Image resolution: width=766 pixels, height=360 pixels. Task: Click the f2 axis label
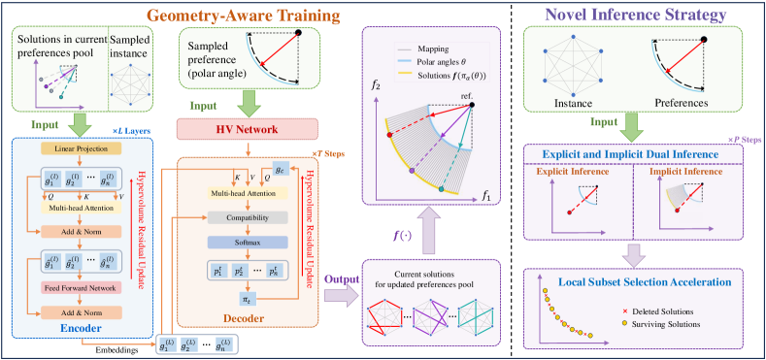point(368,95)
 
